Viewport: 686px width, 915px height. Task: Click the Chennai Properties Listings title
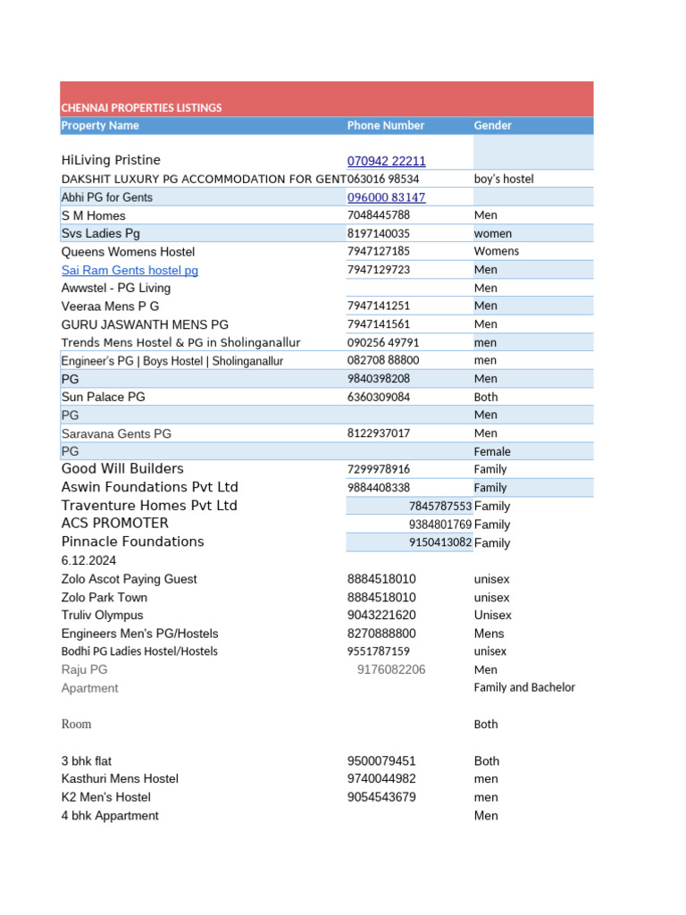click(141, 108)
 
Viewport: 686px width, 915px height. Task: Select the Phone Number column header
click(386, 126)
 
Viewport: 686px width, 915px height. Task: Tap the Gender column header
click(493, 126)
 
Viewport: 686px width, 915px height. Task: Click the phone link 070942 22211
click(386, 162)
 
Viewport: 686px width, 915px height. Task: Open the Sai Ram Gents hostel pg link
click(130, 270)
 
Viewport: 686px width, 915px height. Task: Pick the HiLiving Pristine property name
click(111, 161)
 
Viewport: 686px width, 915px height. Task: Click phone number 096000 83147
click(386, 197)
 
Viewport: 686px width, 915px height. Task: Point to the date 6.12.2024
click(88, 560)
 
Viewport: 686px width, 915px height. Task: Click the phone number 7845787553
click(439, 506)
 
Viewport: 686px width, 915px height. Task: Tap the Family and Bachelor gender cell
click(524, 688)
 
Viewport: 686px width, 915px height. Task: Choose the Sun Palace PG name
click(103, 397)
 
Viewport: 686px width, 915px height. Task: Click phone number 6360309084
click(379, 397)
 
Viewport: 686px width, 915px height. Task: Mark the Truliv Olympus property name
click(102, 616)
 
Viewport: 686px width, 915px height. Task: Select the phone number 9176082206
click(391, 670)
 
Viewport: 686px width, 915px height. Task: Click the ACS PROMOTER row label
click(114, 524)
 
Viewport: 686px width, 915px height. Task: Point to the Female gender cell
click(492, 452)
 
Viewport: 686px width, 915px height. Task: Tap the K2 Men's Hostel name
click(105, 797)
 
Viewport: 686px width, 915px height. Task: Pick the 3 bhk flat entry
click(86, 761)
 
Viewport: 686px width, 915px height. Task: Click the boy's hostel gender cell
click(503, 180)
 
